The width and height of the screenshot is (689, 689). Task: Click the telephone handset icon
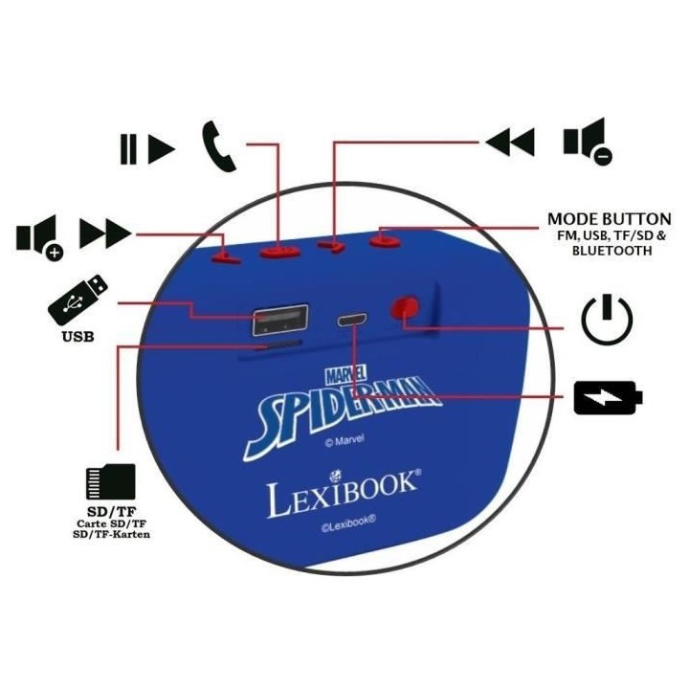coord(218,145)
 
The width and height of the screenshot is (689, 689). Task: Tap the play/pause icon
coord(147,149)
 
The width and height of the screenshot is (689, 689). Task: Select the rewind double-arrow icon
coord(510,142)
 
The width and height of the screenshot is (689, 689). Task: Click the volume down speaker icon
coord(588,142)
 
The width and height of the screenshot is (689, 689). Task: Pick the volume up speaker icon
coord(40,237)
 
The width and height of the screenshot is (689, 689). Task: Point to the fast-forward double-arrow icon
coord(105,233)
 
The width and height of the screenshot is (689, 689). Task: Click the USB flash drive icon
coord(78,300)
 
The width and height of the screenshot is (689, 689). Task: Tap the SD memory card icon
coord(110,481)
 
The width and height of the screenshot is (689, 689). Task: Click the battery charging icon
coord(609,398)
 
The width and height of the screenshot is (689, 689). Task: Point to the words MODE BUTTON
coord(609,219)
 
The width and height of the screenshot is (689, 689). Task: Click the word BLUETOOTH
coord(612,251)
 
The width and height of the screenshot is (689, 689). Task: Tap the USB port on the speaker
coord(279,320)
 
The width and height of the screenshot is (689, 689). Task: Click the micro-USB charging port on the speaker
coord(352,320)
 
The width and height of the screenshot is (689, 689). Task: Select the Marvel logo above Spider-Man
coord(346,374)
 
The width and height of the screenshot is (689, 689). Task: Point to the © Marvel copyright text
coord(344,440)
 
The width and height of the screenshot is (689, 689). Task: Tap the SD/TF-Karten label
coord(112,534)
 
